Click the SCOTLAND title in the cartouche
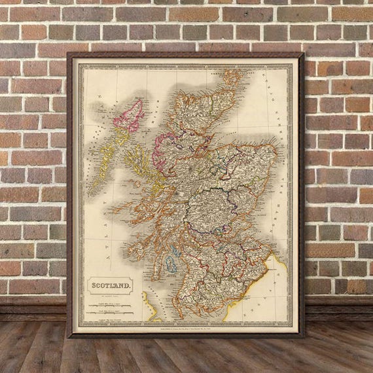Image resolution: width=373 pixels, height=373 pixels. [110, 285]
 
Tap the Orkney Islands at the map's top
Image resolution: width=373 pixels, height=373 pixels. [230, 77]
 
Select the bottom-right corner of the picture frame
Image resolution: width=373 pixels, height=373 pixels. [302, 336]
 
